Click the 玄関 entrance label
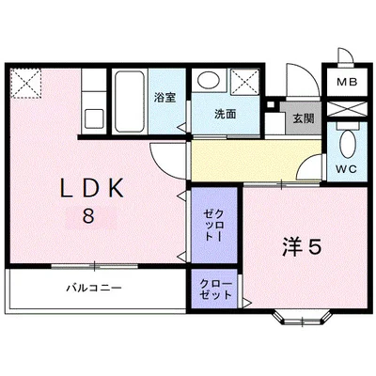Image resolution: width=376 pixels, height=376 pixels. coord(302,117)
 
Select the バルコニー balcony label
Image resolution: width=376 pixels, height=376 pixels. coord(93,288)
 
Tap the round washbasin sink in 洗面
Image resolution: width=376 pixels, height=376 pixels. coord(210,83)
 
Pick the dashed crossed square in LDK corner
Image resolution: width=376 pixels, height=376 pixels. coord(26,83)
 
